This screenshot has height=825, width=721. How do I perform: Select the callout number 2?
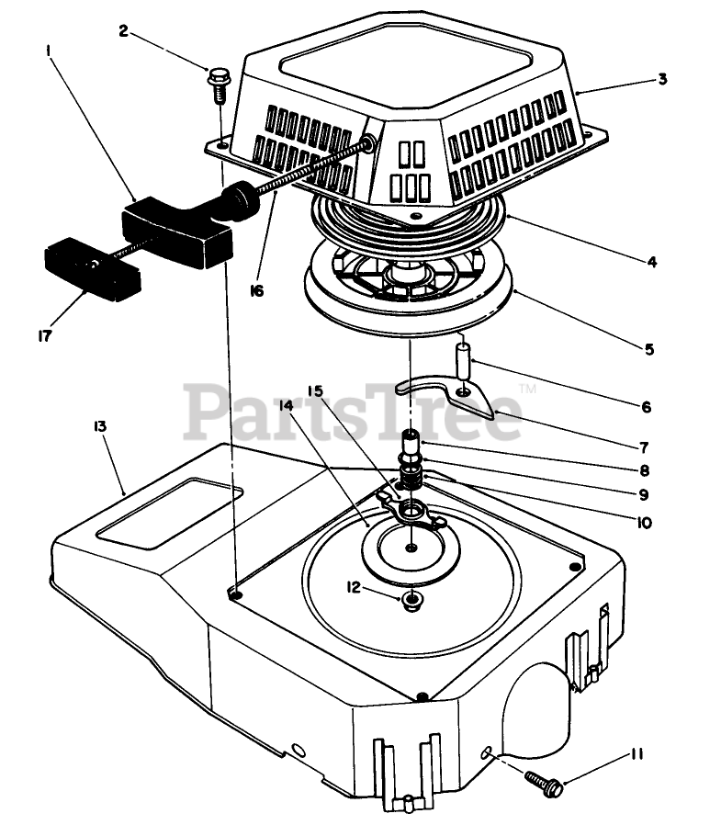(122, 30)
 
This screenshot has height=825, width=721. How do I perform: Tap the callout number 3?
(661, 79)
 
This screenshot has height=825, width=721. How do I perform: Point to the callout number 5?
(648, 350)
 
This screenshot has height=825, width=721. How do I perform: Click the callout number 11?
(637, 755)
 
